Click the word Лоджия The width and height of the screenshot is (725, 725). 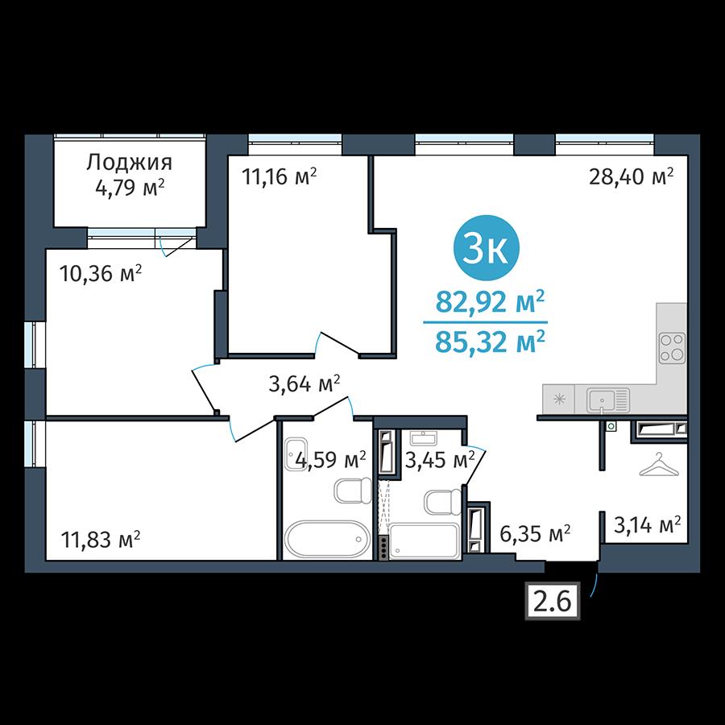click(129, 163)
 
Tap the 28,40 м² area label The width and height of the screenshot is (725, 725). click(631, 176)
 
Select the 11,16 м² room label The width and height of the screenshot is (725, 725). click(280, 176)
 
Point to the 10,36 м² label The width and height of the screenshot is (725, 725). click(101, 274)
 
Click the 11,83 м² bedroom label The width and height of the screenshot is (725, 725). click(101, 539)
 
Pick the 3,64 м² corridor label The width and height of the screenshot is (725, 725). click(304, 383)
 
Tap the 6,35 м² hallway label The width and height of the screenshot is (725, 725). click(535, 533)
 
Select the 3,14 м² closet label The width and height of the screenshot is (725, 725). click(647, 524)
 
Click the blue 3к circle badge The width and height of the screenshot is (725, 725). click(486, 248)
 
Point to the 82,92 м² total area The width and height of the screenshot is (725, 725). click(490, 302)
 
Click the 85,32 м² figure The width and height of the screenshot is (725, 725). click(490, 342)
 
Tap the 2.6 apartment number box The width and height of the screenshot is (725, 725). click(552, 601)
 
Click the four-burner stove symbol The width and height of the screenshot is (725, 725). click(673, 348)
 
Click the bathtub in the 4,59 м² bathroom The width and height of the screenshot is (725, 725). click(327, 539)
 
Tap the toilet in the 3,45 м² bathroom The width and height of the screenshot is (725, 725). click(442, 502)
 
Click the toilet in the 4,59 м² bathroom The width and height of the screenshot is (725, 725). click(353, 490)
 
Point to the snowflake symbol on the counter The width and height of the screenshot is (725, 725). click(560, 399)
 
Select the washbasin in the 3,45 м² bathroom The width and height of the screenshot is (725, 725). click(424, 438)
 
